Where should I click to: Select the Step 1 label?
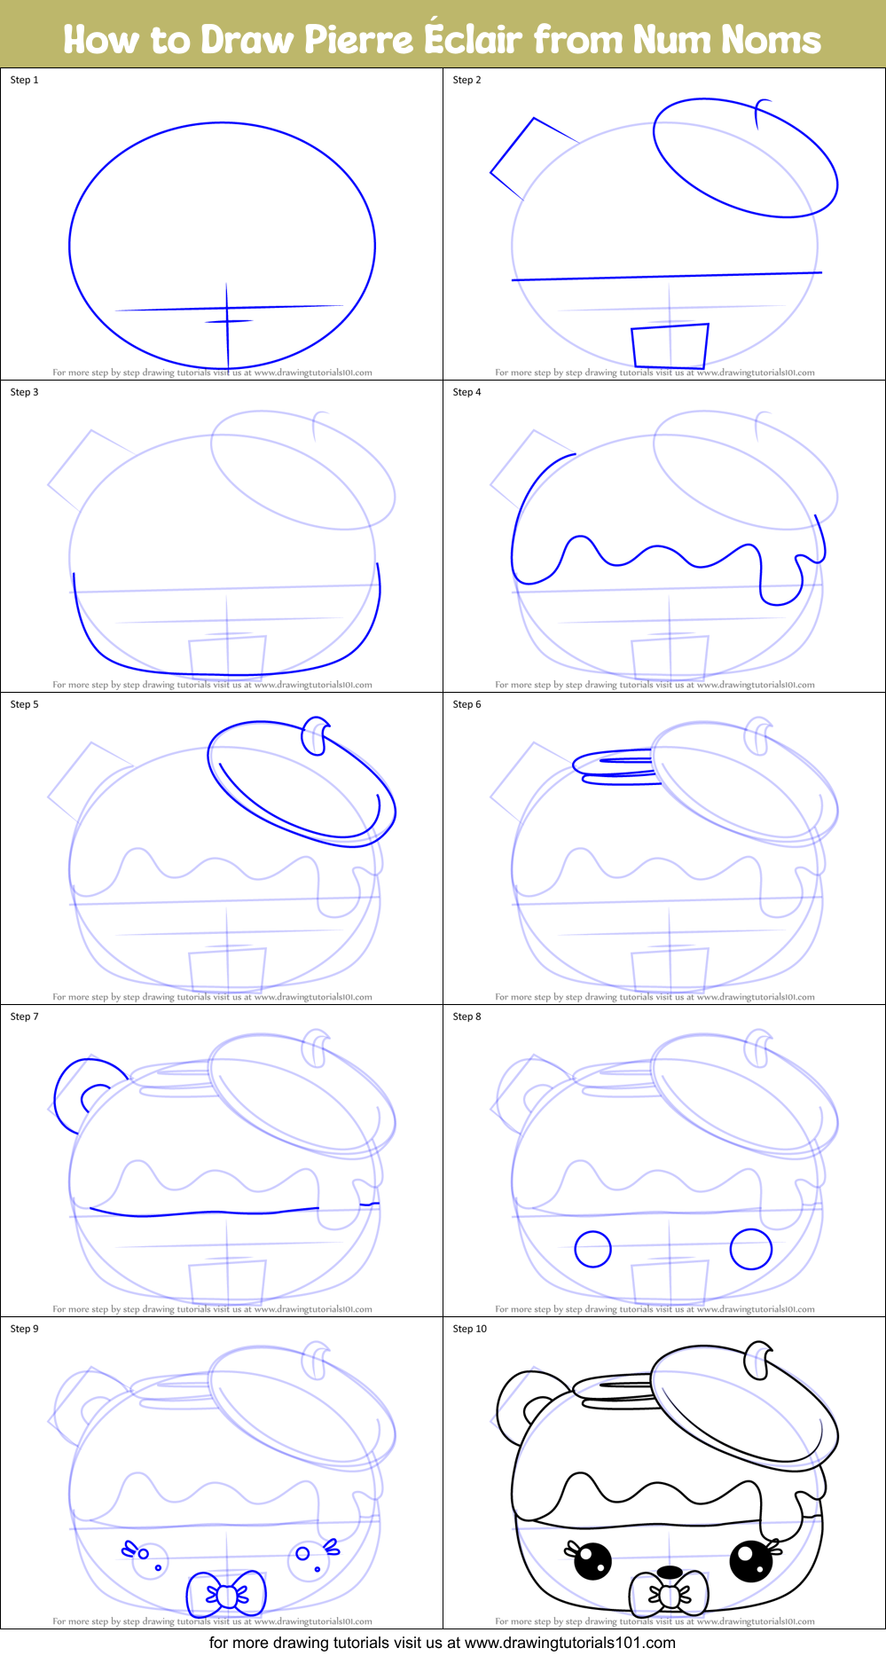coord(25,80)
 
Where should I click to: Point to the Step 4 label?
coord(467,392)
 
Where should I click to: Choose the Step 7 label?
coord(25,1016)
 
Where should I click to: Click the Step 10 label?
coord(470,1329)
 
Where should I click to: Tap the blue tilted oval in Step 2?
coord(745,157)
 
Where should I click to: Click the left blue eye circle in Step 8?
coord(592,1249)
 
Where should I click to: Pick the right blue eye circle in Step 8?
coord(750,1249)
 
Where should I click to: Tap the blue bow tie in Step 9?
coord(227,1595)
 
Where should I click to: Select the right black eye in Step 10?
coord(750,1561)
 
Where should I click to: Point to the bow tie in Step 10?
coord(670,1595)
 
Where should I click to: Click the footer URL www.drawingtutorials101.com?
coord(570,1643)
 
